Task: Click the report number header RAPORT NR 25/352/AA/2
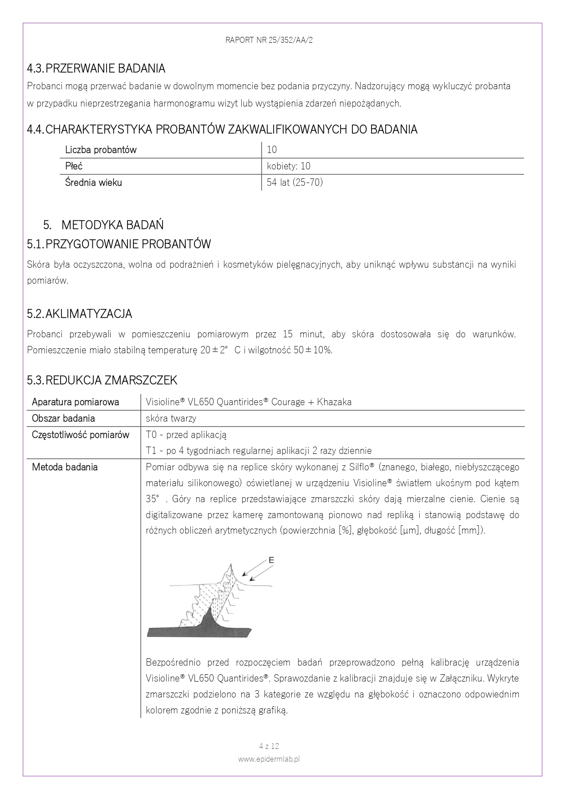pyautogui.click(x=269, y=40)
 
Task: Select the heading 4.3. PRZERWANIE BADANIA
pyautogui.click(x=96, y=69)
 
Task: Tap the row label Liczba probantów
pyautogui.click(x=101, y=150)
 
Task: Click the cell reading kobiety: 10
pyautogui.click(x=289, y=166)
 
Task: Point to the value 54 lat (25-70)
pyautogui.click(x=295, y=183)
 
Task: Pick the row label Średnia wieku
pyautogui.click(x=93, y=183)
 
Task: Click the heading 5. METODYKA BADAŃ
pyautogui.click(x=104, y=225)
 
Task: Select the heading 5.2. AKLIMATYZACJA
pyautogui.click(x=80, y=314)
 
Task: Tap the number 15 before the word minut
pyautogui.click(x=288, y=334)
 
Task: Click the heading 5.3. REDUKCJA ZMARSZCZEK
pyautogui.click(x=102, y=380)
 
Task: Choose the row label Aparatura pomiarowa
pyautogui.click(x=76, y=402)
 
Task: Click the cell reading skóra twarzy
pyautogui.click(x=171, y=418)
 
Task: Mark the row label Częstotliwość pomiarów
pyautogui.click(x=81, y=434)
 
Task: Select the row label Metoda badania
pyautogui.click(x=65, y=467)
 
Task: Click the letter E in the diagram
pyautogui.click(x=271, y=560)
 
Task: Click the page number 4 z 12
pyautogui.click(x=269, y=746)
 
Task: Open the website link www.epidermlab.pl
pyautogui.click(x=269, y=759)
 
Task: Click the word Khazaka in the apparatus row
pyautogui.click(x=334, y=402)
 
